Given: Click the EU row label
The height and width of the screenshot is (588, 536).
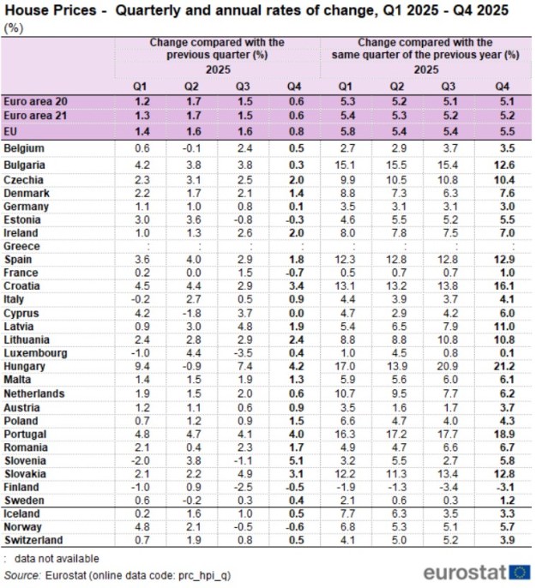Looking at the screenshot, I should click(12, 131).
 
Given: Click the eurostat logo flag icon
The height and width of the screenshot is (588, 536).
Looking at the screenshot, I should click(519, 572).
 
